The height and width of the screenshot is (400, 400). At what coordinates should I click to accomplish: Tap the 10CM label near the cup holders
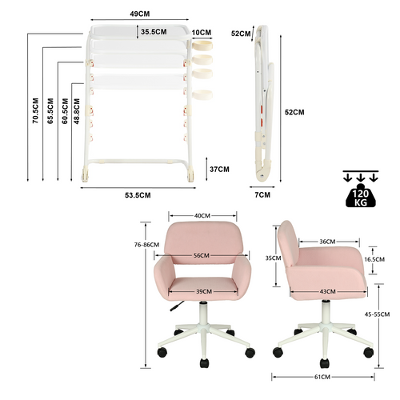pyautogui.click(x=202, y=33)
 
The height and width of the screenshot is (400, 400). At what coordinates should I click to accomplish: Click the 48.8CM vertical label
pyautogui.click(x=76, y=110)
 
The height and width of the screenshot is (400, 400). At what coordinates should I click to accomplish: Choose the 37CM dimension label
pyautogui.click(x=218, y=169)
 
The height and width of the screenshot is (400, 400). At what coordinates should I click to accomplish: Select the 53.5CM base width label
pyautogui.click(x=138, y=195)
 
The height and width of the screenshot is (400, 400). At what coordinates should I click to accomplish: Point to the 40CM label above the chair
pyautogui.click(x=202, y=215)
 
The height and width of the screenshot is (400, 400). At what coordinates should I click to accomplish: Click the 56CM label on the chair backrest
pyautogui.click(x=202, y=255)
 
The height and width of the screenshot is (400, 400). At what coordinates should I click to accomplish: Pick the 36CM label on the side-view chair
pyautogui.click(x=327, y=242)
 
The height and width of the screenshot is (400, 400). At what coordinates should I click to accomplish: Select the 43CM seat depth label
pyautogui.click(x=326, y=291)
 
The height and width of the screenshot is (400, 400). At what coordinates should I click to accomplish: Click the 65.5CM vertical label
pyautogui.click(x=50, y=110)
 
